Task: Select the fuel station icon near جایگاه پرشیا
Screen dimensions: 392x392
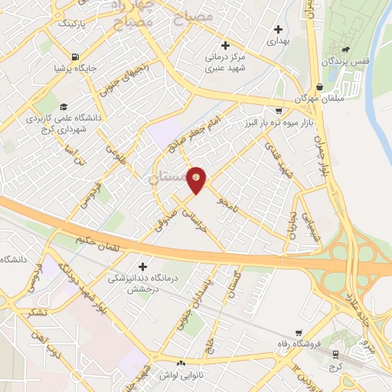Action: click(74, 57)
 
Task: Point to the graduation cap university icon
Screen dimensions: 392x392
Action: click(64, 106)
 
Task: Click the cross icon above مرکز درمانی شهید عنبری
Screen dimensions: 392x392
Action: click(224, 44)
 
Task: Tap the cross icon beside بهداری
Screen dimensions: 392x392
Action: click(278, 29)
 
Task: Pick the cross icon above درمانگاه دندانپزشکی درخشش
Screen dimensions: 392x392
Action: click(139, 266)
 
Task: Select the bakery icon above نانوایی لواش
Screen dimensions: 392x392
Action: click(181, 364)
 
